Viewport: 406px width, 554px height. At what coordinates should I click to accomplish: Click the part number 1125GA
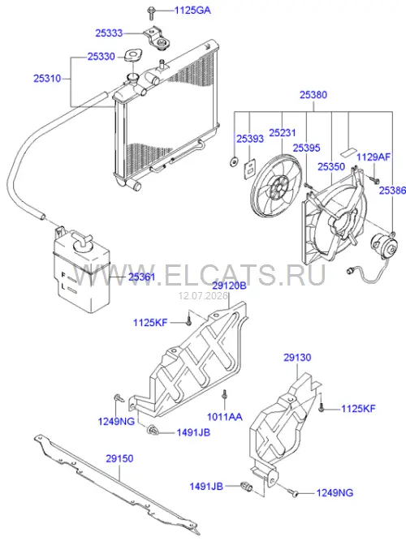[192, 10]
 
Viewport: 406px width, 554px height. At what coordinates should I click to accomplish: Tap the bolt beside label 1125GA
[150, 13]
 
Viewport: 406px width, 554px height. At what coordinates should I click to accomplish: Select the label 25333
[109, 33]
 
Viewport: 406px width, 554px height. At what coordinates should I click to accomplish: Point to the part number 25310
[47, 78]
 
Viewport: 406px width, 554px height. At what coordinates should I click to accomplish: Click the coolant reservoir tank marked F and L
[82, 271]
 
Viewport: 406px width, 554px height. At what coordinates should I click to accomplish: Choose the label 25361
[142, 277]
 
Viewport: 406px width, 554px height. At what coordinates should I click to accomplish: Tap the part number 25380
[313, 95]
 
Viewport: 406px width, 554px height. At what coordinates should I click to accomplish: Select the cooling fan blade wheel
[276, 187]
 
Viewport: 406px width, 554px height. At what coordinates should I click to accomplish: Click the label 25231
[283, 133]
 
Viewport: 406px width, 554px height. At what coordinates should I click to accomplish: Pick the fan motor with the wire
[383, 247]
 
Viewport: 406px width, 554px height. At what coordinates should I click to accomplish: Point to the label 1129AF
[374, 157]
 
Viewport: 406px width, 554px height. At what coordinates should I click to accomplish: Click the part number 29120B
[230, 286]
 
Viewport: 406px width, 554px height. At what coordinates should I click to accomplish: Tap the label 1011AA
[225, 417]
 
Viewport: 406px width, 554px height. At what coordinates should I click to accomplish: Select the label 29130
[297, 357]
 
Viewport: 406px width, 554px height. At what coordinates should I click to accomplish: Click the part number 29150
[119, 458]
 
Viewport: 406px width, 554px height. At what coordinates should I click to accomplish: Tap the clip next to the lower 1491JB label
[247, 487]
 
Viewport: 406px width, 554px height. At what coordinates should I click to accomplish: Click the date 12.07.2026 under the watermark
[203, 296]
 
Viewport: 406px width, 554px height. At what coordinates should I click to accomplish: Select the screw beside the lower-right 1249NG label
[292, 492]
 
